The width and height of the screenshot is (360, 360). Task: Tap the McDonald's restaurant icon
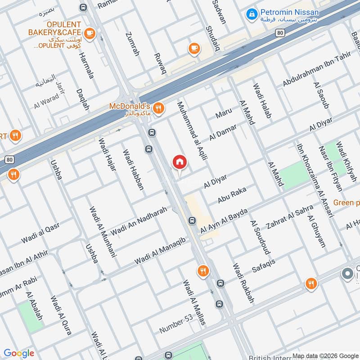coord(157,108)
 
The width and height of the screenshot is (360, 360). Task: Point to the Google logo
coord(19,353)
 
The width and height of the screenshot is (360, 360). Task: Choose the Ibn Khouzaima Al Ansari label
coord(314,180)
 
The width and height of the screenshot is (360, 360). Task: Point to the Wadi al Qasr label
coord(40,234)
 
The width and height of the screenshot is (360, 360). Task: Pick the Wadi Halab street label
coord(262,101)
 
